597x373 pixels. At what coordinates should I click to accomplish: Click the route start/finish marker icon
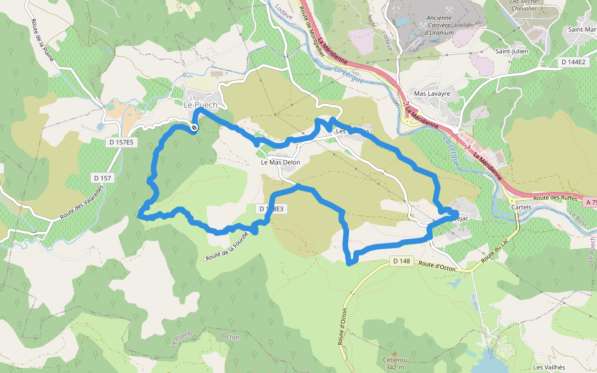coord(194,127)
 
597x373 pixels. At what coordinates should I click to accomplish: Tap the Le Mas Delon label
coord(280,162)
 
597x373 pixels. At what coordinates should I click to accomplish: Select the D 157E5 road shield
coord(121,142)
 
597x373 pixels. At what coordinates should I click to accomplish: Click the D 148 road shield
coord(402,261)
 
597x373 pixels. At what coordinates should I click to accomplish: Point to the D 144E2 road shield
coord(573,62)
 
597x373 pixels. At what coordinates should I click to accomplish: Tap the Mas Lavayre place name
coord(432,93)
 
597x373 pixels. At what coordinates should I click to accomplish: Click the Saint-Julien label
coord(511,51)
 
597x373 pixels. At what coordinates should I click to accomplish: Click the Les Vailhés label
coord(549,367)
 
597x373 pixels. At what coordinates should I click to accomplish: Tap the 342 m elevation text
coord(394,367)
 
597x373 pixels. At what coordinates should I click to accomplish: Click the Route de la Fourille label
coord(227,246)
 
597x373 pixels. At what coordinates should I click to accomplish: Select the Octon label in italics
coord(230,336)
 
